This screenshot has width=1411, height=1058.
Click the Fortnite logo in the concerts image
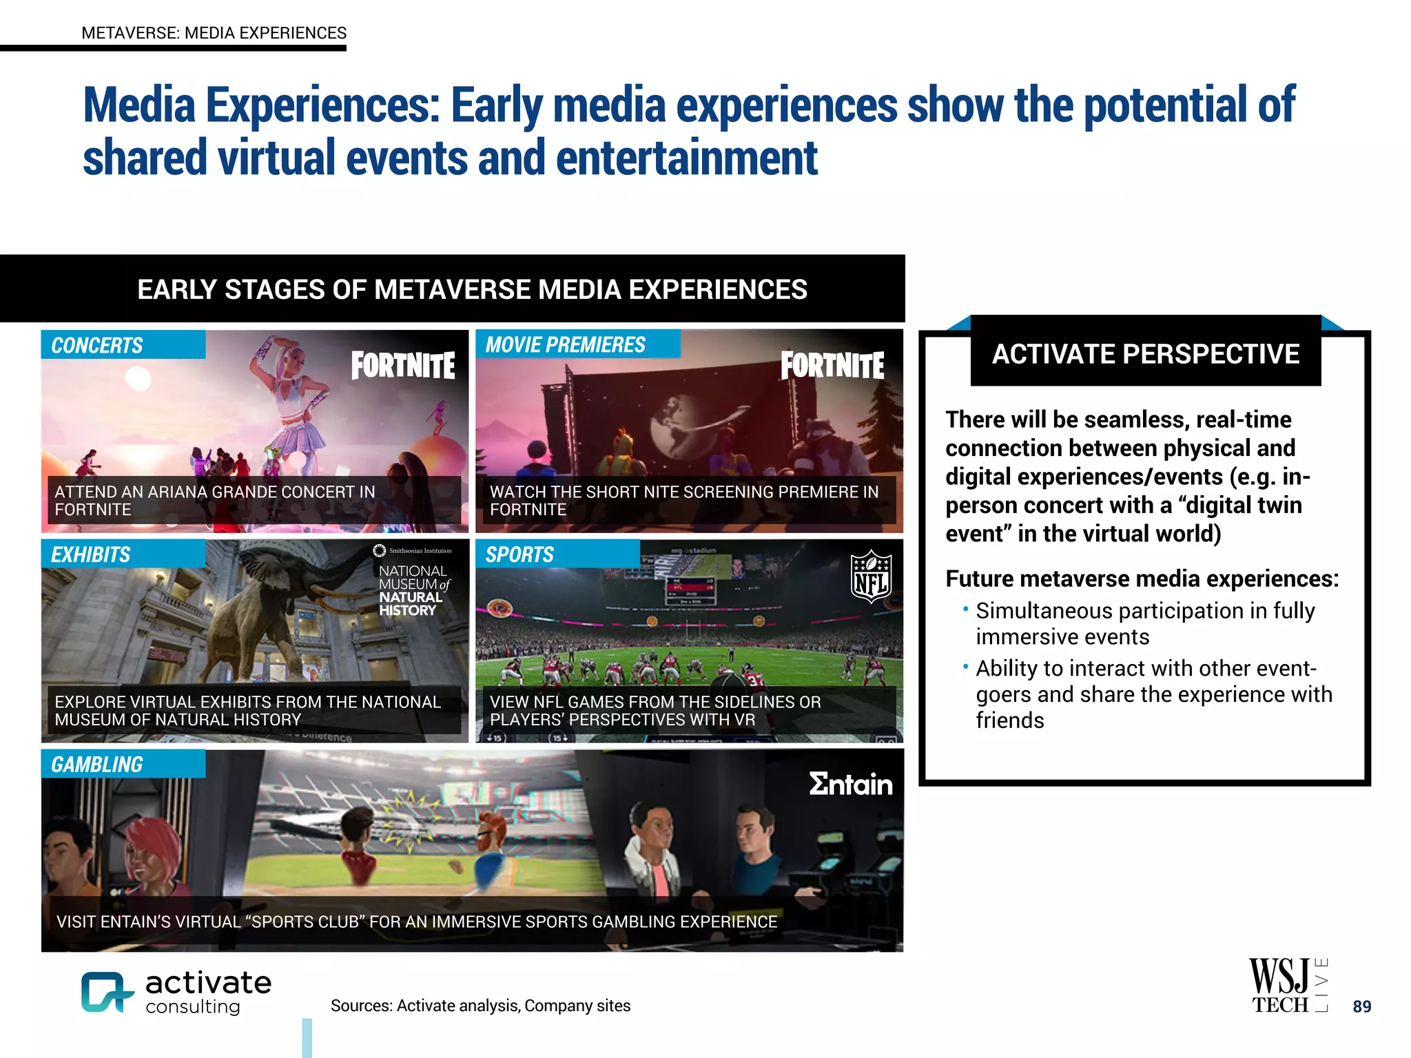pos(403,365)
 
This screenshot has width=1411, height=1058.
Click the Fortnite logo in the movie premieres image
pos(832,365)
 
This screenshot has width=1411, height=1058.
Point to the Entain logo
pos(850,784)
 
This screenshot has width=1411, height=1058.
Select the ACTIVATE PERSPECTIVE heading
pos(1145,354)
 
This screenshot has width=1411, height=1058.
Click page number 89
pos(1361,1006)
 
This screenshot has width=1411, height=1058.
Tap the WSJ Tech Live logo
pos(1287,986)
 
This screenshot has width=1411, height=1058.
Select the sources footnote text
pos(480,1006)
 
